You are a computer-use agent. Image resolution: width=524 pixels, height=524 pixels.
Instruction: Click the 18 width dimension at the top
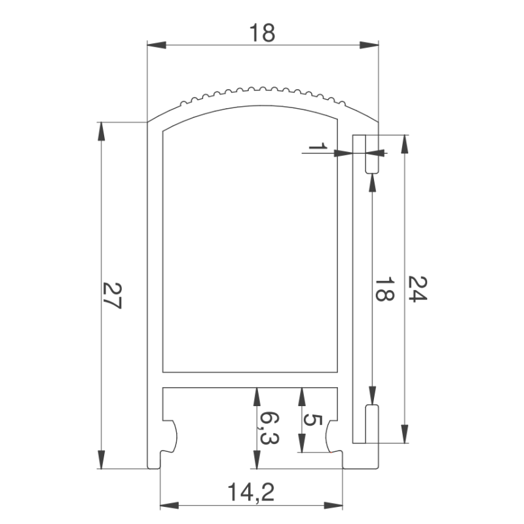(263, 33)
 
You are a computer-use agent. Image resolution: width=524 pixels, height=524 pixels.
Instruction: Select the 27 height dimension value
(112, 295)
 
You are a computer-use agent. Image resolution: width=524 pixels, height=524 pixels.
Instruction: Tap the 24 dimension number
(417, 289)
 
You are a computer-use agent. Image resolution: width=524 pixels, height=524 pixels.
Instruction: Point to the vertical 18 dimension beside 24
(384, 289)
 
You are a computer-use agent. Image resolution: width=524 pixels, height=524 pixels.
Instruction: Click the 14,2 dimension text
(252, 493)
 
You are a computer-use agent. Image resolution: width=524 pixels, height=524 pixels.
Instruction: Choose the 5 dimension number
(312, 420)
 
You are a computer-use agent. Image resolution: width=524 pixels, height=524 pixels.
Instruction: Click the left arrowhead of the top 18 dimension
(157, 45)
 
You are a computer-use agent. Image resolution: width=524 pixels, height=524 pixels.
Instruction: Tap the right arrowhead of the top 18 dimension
(369, 45)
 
